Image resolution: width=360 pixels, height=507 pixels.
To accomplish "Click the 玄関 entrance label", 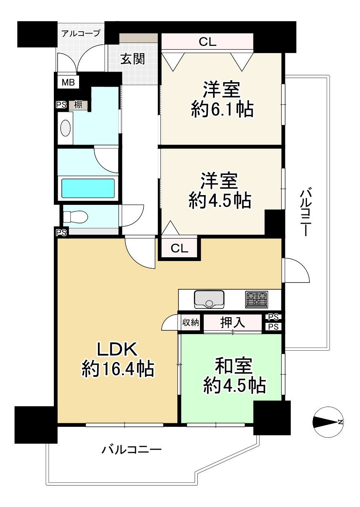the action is (133, 59).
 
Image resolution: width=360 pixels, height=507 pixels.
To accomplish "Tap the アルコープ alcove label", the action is (81, 34).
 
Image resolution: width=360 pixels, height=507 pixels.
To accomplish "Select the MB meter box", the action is (68, 82).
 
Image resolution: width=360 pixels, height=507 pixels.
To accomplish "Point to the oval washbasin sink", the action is (66, 128).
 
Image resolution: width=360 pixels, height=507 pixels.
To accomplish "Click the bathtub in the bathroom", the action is (88, 188).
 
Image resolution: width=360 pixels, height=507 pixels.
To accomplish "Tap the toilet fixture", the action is (75, 217).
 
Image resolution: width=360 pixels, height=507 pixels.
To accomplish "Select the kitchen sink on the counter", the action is (209, 299).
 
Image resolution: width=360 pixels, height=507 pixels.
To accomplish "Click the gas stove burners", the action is (256, 299).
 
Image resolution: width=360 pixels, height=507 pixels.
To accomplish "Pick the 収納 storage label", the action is (191, 322).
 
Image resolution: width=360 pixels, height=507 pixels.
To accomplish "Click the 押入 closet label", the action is (233, 322).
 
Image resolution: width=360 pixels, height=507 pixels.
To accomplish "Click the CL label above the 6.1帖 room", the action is (207, 42).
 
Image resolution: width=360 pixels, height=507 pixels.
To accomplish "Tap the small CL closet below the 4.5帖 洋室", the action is (179, 248).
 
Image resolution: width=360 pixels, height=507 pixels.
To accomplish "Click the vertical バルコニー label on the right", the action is (306, 214).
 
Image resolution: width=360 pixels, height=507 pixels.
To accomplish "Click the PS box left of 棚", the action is (61, 105).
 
